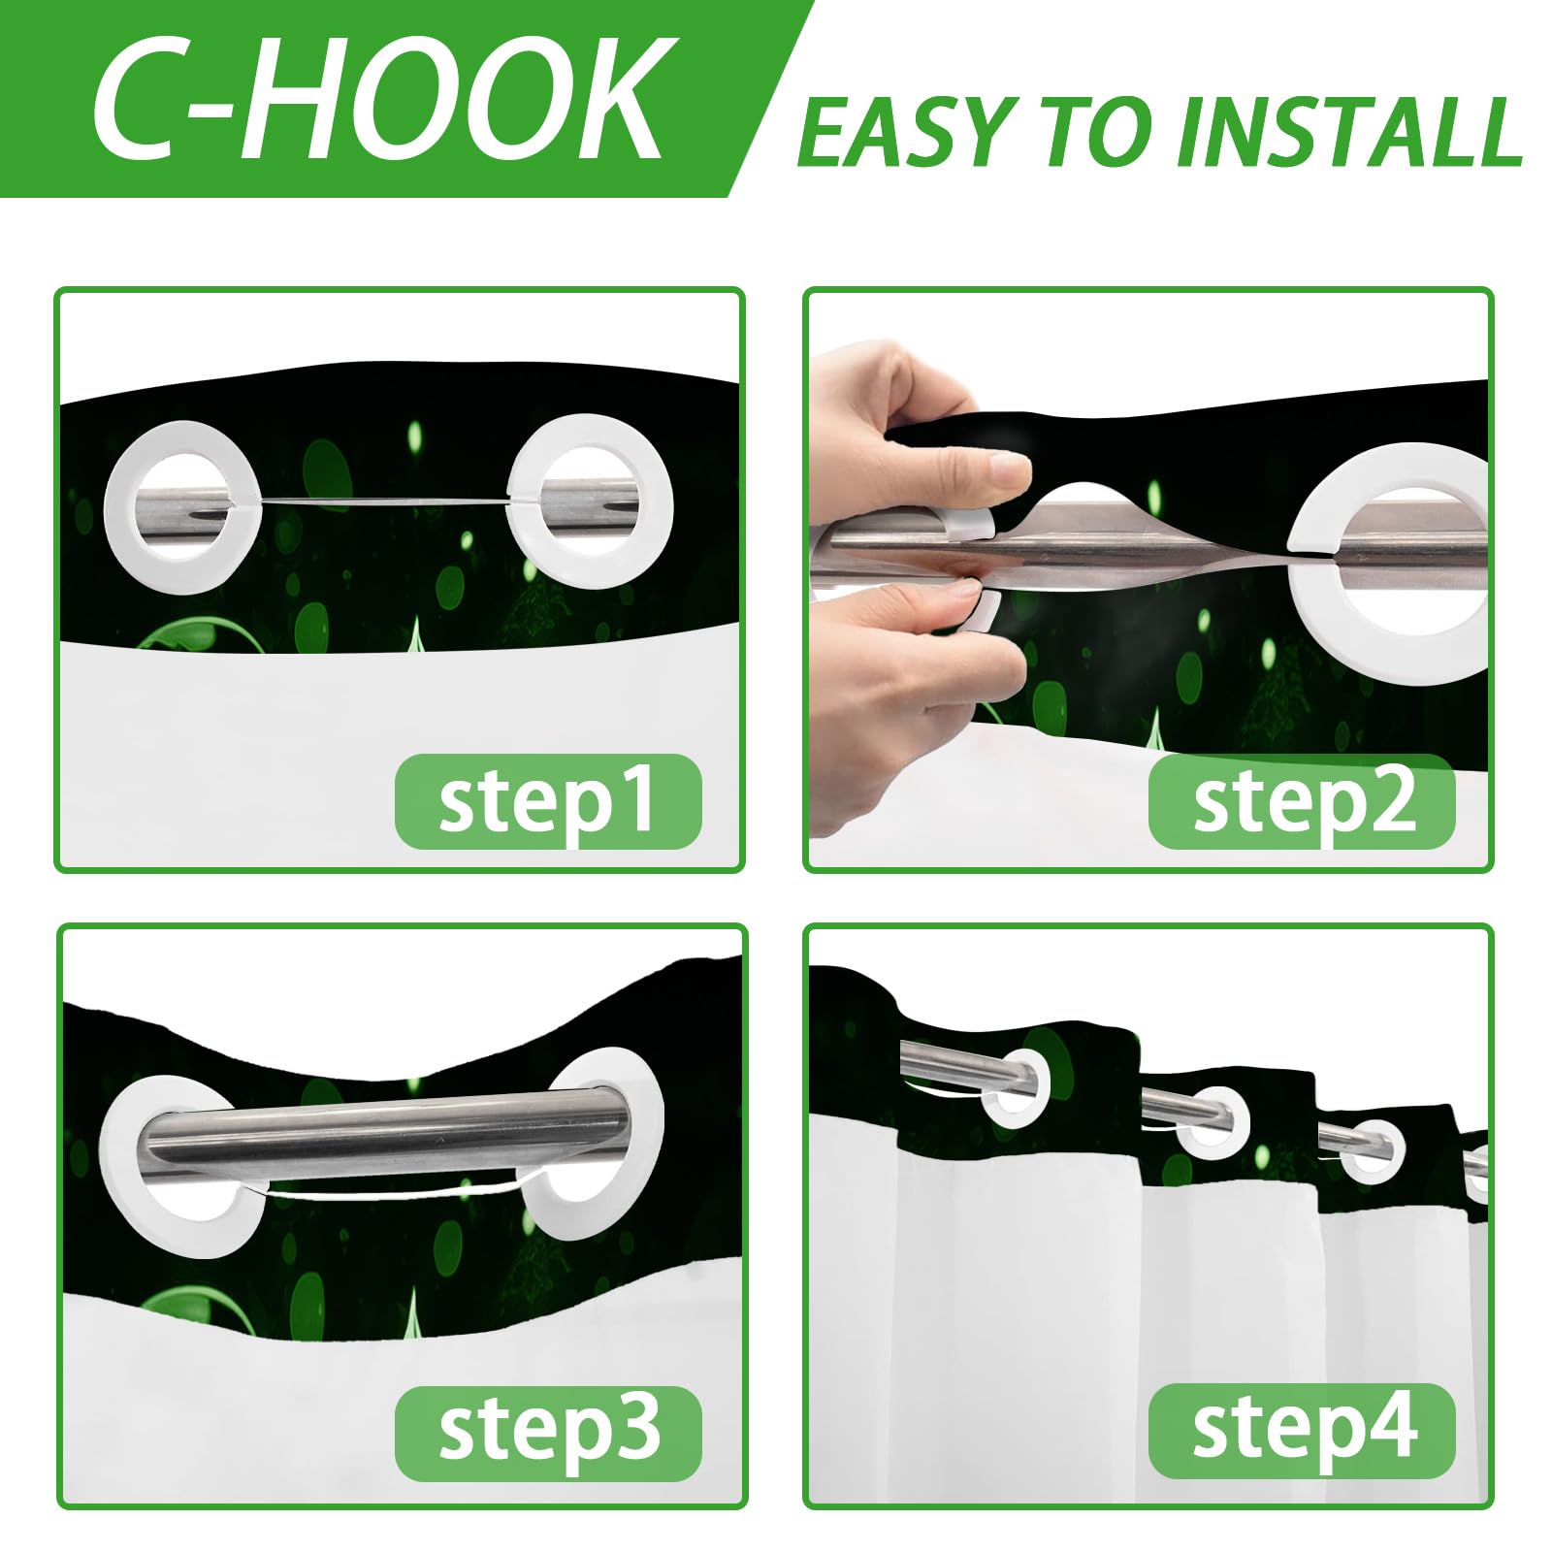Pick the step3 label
pyautogui.click(x=548, y=1433)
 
